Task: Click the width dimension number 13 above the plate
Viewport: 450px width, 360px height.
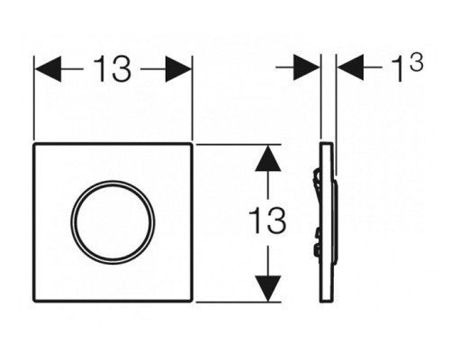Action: (112, 69)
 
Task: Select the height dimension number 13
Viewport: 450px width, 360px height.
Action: (267, 220)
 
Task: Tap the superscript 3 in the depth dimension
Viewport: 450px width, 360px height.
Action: (417, 62)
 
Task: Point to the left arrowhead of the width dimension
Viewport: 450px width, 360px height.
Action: (48, 69)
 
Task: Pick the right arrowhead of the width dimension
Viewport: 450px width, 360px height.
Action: (178, 69)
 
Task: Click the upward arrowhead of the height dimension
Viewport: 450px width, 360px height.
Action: (268, 158)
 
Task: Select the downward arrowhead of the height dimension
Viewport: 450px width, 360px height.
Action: (268, 288)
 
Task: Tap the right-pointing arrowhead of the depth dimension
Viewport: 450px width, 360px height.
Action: (306, 67)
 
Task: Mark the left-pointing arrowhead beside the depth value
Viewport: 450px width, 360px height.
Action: (350, 67)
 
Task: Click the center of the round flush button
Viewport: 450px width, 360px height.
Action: (112, 222)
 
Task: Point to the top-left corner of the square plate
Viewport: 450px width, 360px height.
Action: (33, 144)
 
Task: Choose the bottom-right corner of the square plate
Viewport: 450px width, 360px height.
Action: (192, 301)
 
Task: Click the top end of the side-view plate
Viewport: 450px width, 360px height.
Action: (326, 143)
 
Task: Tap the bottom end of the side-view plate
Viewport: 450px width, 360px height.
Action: (326, 301)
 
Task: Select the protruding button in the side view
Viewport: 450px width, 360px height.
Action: (336, 222)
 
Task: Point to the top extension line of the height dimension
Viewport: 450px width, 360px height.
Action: (238, 144)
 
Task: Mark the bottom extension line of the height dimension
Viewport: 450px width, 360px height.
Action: (238, 302)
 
